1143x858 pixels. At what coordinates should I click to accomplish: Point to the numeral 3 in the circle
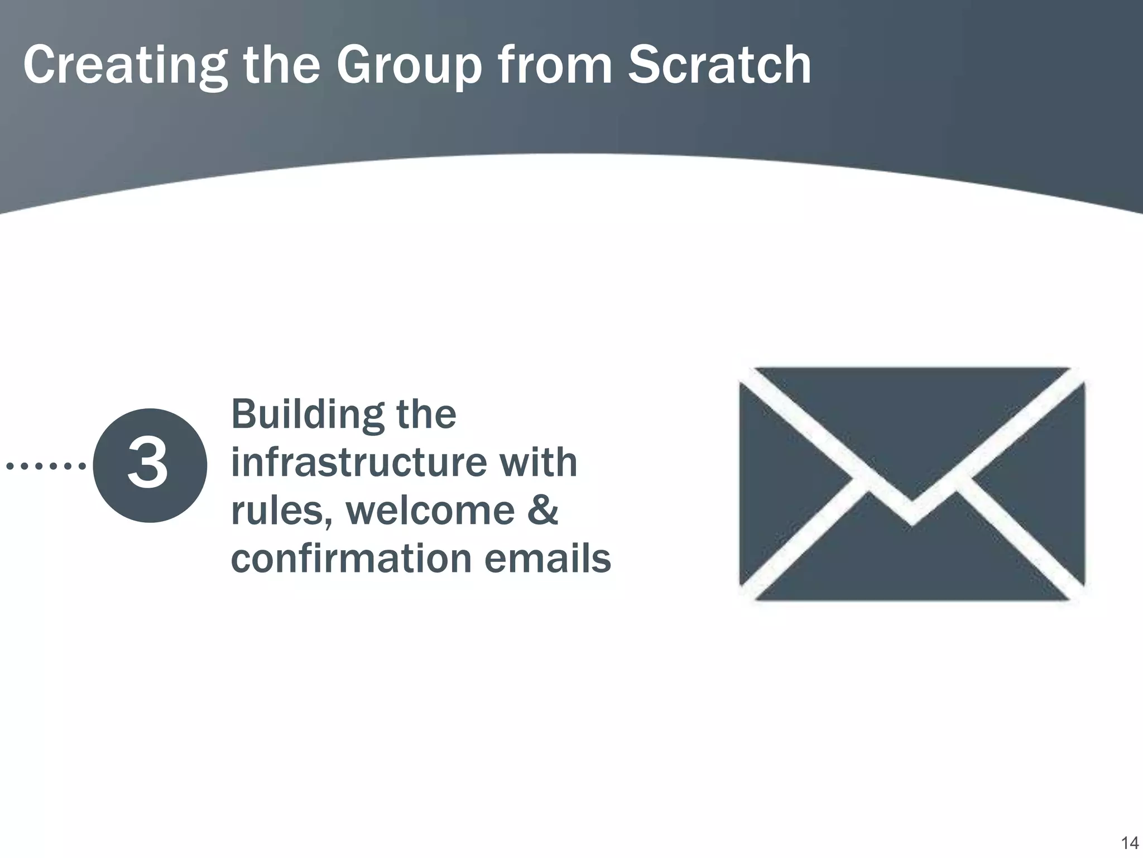coord(148,464)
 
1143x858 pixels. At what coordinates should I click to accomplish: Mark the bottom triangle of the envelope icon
coord(912,570)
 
